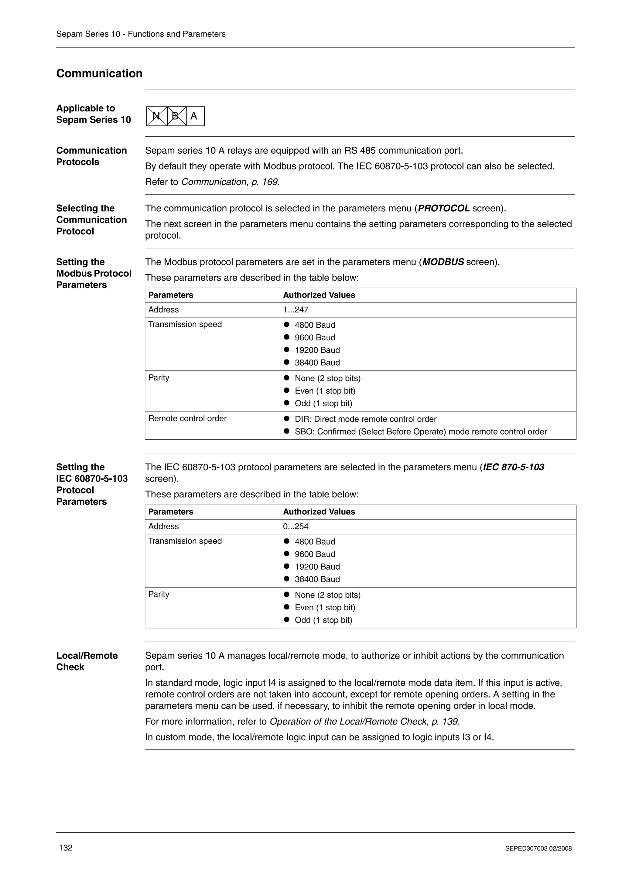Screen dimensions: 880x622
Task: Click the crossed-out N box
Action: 157,116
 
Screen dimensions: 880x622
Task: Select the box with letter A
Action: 194,116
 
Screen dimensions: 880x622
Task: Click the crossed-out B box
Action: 176,116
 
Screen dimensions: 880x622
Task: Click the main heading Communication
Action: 99,73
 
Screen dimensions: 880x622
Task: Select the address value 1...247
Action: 296,310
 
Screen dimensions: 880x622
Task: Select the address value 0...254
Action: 296,526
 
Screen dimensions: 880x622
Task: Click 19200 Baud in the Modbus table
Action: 317,350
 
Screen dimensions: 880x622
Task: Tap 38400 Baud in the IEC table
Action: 317,579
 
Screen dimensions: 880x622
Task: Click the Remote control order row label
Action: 187,418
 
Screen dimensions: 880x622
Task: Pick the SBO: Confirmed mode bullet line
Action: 420,431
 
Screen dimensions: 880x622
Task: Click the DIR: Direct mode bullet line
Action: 365,419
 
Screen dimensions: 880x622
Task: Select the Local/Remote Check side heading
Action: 87,661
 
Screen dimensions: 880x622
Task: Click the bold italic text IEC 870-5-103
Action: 514,467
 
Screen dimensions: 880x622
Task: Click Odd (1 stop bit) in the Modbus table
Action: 323,403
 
